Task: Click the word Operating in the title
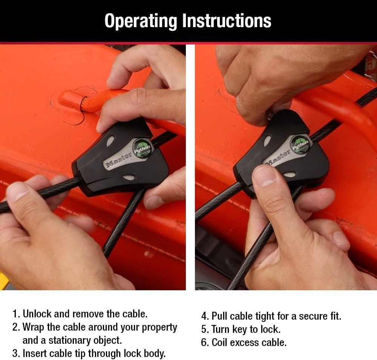141,21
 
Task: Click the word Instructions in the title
227,21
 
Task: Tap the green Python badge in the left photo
143,148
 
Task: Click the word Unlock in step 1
37,314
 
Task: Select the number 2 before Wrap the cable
15,327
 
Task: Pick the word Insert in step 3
34,354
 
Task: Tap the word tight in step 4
265,317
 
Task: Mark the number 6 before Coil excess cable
204,343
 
